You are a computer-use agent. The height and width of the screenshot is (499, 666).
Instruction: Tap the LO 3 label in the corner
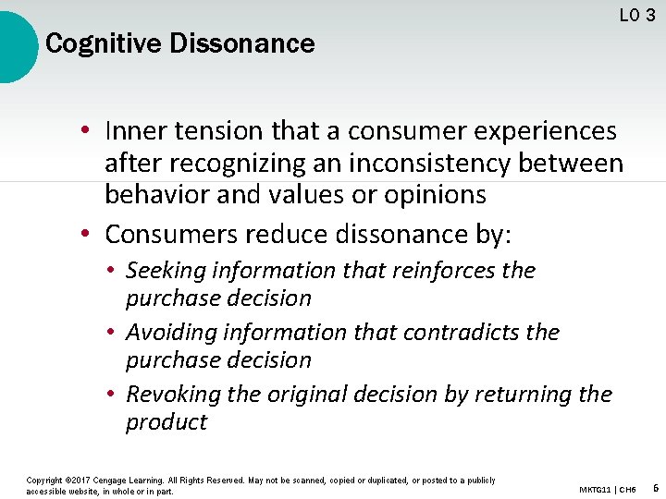pos(637,15)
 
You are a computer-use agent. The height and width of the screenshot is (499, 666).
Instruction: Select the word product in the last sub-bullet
pos(166,422)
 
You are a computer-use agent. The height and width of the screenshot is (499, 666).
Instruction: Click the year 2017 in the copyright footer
pos(85,481)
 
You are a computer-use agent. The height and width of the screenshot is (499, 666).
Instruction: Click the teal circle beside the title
pos(15,46)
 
